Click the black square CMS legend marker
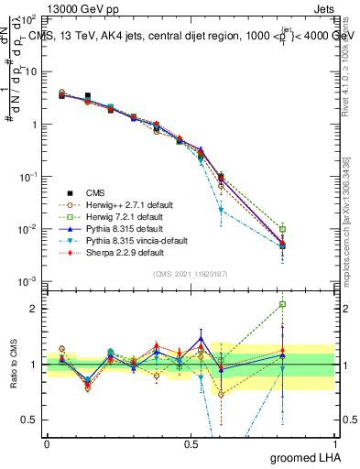pyautogui.click(x=68, y=192)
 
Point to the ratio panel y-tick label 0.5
pyautogui.click(x=32, y=420)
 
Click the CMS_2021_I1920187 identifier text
pyautogui.click(x=190, y=275)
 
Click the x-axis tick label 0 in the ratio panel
pyautogui.click(x=47, y=442)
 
